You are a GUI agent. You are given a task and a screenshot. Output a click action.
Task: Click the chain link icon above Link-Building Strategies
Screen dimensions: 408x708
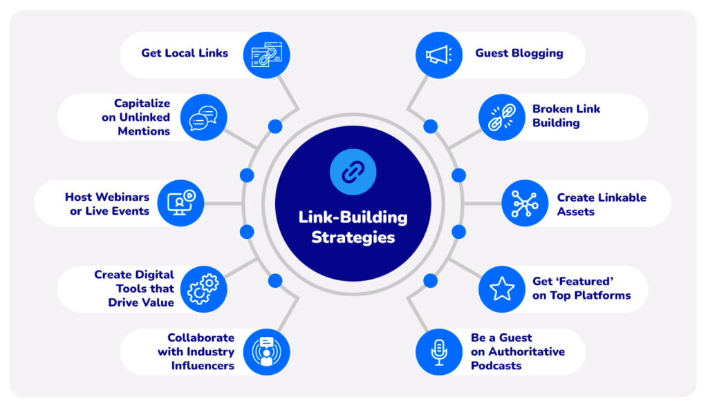[x=353, y=171]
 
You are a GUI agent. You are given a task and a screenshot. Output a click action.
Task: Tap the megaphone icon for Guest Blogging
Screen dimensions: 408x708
[x=438, y=54]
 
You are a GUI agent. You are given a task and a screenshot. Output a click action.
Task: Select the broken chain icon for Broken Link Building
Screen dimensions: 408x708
[x=501, y=117]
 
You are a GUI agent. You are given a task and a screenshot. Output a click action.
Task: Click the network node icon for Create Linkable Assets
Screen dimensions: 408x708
[x=524, y=204]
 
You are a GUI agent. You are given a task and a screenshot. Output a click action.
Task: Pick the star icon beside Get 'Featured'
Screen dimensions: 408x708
[x=501, y=289]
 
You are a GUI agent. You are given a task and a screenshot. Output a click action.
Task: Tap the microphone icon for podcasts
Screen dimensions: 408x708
[x=438, y=352]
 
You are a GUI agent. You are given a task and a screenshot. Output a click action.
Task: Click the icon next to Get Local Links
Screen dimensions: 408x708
[x=266, y=54]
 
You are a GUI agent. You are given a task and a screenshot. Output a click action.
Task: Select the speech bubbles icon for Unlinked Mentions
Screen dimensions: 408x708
[x=203, y=117]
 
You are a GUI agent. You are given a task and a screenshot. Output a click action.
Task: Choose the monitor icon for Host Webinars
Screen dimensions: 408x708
[x=180, y=203]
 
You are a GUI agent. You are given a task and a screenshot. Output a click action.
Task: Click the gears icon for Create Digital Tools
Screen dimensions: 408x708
[x=203, y=289]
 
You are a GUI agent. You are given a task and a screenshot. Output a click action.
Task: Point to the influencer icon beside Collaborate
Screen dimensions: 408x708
[x=266, y=352]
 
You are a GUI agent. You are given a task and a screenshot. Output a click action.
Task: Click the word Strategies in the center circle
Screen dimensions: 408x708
[x=353, y=237]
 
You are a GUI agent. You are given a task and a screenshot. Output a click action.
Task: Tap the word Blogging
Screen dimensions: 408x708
[x=537, y=53]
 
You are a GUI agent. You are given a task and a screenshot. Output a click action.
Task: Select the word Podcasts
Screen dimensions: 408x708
[x=496, y=366]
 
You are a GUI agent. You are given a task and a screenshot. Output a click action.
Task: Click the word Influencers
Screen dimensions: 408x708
[x=203, y=366]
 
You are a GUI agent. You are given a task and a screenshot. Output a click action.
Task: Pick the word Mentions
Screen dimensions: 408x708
[x=143, y=131]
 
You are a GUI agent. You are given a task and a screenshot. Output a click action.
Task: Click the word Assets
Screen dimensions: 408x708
[x=575, y=211]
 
